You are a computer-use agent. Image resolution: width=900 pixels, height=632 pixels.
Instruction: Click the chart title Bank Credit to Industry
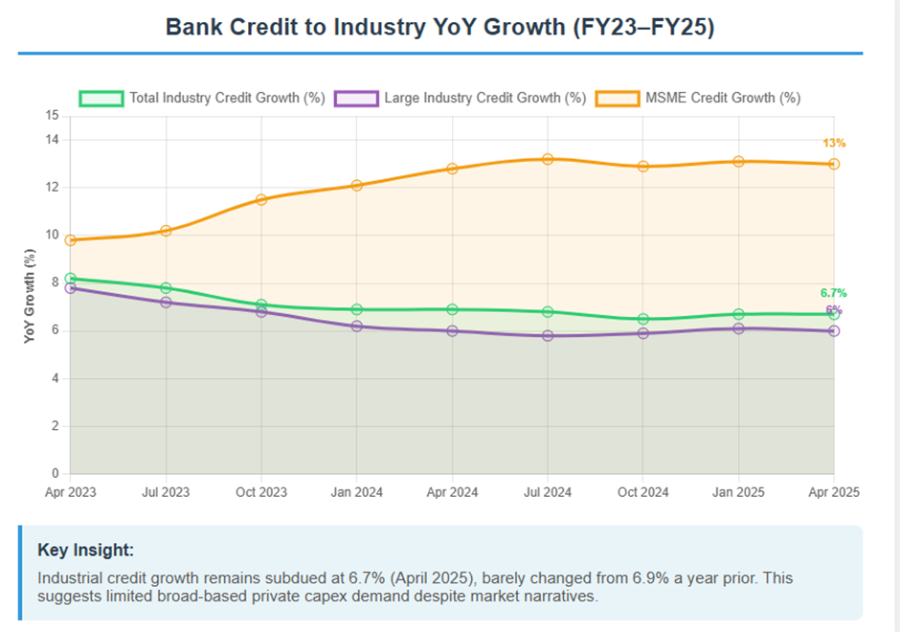439,27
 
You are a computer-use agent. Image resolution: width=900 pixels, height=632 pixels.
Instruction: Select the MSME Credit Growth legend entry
698,98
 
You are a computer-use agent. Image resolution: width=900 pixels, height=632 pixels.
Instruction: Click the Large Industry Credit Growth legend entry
460,98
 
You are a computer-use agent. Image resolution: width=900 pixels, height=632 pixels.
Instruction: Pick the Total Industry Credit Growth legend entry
202,98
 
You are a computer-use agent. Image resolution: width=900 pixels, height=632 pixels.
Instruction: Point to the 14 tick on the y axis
53,140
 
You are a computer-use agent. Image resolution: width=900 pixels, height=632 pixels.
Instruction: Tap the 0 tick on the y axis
56,474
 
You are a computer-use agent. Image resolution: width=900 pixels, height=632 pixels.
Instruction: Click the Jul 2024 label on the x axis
548,492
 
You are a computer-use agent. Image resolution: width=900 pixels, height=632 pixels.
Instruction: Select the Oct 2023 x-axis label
261,492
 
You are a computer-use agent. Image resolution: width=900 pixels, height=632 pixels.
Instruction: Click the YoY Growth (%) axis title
31,295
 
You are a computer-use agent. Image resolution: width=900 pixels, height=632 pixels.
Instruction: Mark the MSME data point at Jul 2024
548,159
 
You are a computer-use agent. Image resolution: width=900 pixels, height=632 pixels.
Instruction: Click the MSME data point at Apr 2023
71,240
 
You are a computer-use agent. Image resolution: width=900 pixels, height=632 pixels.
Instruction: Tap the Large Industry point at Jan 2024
357,327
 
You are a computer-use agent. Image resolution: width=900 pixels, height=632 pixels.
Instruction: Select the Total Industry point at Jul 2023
167,288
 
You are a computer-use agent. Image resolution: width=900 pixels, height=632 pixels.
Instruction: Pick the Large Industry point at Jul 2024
548,336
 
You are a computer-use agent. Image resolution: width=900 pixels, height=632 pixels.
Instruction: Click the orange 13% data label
834,144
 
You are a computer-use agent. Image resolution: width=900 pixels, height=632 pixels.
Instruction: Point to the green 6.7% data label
833,293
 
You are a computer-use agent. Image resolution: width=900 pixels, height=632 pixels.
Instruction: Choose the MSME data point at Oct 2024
643,167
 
